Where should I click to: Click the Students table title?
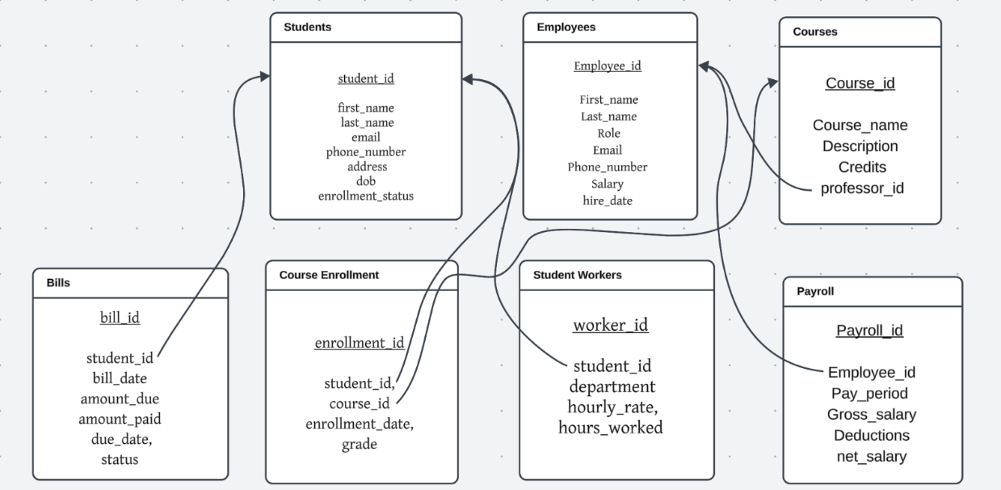click(307, 27)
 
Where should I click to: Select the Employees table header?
click(566, 27)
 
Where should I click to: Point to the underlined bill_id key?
click(120, 317)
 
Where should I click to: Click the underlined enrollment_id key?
click(359, 343)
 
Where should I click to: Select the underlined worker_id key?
click(610, 325)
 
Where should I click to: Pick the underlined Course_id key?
click(860, 83)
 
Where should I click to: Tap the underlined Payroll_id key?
click(869, 330)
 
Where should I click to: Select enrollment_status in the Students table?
click(365, 196)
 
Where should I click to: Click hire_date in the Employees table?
click(608, 201)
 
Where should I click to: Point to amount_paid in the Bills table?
click(120, 418)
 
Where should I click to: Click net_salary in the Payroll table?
click(871, 457)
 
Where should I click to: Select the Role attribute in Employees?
click(608, 133)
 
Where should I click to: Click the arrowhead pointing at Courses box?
click(773, 82)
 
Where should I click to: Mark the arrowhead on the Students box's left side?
click(264, 76)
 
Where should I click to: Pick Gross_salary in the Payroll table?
click(871, 415)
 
